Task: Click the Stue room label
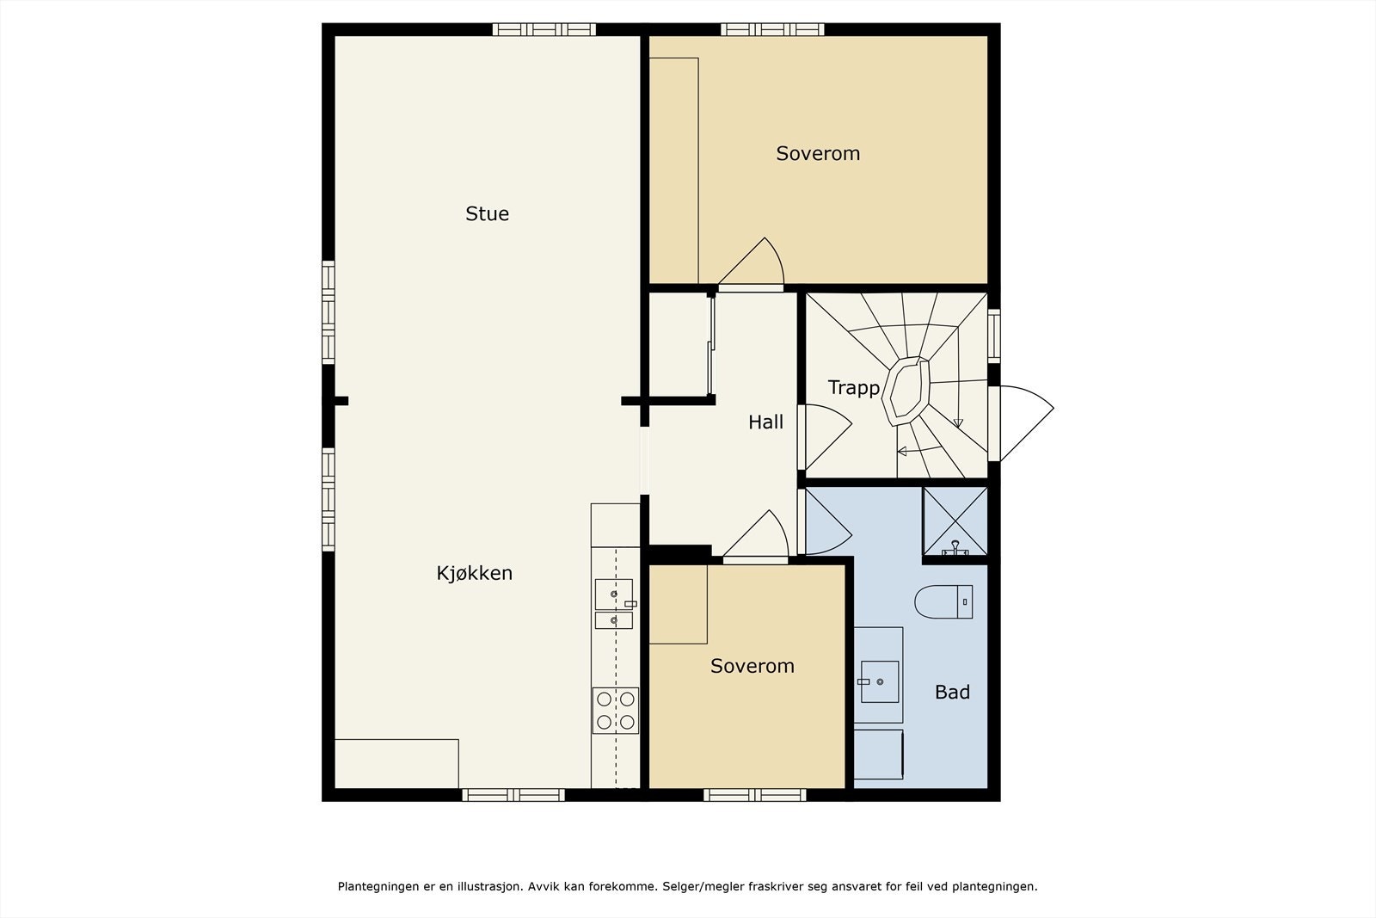(487, 214)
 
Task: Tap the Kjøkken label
(474, 573)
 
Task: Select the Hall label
(765, 422)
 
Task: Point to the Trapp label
(854, 388)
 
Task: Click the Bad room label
(952, 693)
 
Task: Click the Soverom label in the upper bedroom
(818, 154)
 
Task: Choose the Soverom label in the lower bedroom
(752, 666)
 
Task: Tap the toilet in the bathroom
(943, 601)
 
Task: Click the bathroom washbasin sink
(880, 681)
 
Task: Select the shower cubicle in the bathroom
(955, 521)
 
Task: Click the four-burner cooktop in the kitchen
(616, 711)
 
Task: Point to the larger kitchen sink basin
(614, 595)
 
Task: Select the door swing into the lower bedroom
(756, 536)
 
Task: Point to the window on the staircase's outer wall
(993, 336)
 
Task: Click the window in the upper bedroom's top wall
(772, 29)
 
